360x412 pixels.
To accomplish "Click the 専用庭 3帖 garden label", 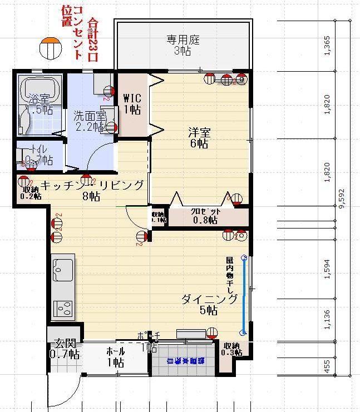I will pyautogui.click(x=183, y=45).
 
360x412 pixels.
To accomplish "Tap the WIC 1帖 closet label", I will pyautogui.click(x=132, y=103).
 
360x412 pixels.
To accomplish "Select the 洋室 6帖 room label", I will pyautogui.click(x=199, y=138).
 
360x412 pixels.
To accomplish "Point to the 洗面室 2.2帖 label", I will pyautogui.click(x=90, y=121).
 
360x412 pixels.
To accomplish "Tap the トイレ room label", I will pyautogui.click(x=38, y=155).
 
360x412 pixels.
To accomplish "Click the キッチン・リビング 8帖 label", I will pyautogui.click(x=92, y=190).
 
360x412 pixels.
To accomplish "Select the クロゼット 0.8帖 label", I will pyautogui.click(x=206, y=216).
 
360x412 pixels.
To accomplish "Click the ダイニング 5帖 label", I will pyautogui.click(x=209, y=305).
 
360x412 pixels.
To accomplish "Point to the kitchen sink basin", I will pyautogui.click(x=63, y=271).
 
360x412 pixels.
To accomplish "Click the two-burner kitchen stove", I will pyautogui.click(x=63, y=307).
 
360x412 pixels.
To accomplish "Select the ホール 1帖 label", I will pyautogui.click(x=115, y=356).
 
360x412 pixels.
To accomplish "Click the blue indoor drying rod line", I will pyautogui.click(x=243, y=295).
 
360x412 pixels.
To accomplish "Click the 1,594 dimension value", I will pyautogui.click(x=327, y=267).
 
